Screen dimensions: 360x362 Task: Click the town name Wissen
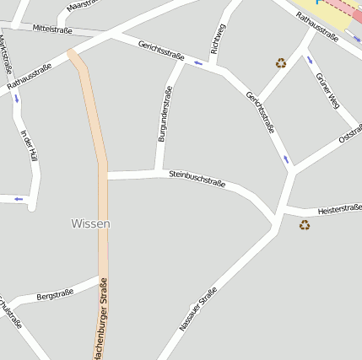click(90, 223)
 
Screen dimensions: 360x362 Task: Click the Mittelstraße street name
click(51, 30)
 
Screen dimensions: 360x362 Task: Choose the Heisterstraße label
click(339, 208)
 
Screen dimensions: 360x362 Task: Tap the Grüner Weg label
click(327, 90)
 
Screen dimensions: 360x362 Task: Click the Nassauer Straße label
click(197, 309)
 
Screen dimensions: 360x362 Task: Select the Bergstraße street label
click(55, 294)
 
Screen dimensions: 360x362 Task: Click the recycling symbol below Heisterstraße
click(305, 224)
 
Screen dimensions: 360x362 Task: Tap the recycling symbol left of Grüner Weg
click(280, 62)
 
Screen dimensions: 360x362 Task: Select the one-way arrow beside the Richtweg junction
click(198, 63)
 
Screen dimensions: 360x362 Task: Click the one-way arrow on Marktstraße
click(16, 98)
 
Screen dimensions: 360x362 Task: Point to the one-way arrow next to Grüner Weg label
click(309, 60)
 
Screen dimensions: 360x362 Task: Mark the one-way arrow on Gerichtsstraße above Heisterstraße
click(285, 159)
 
